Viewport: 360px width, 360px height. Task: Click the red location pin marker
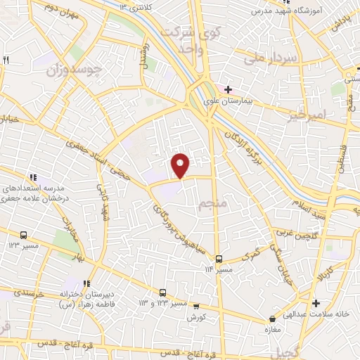point(181,165)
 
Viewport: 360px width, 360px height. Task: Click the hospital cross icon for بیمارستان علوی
point(228,89)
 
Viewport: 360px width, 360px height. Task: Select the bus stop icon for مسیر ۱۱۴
point(219,259)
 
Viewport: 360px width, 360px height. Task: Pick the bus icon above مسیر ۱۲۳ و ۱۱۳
point(162,292)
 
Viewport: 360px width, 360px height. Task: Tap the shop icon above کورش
point(195,306)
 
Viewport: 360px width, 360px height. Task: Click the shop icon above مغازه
point(270,319)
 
